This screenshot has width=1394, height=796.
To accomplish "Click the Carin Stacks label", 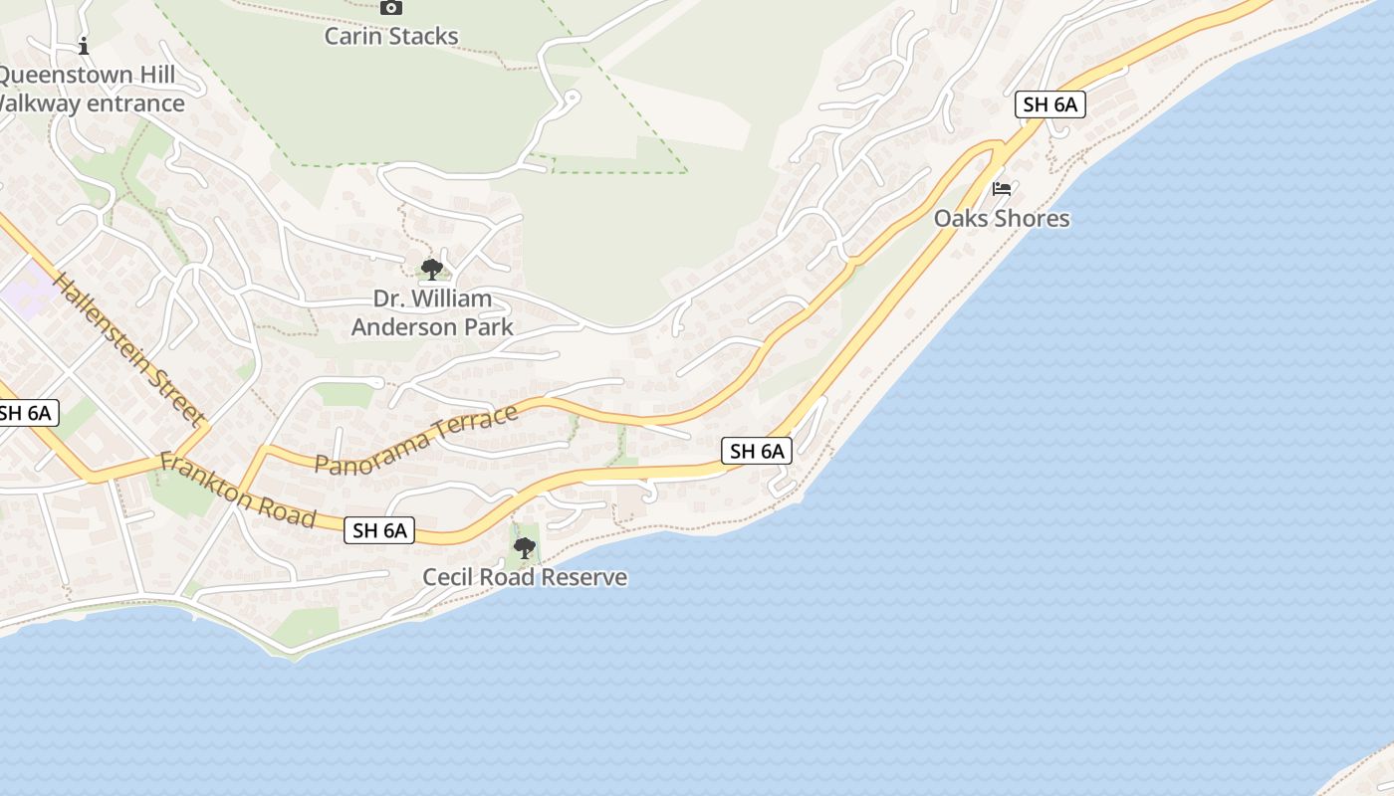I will (391, 37).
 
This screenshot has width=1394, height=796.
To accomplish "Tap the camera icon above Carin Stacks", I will (391, 8).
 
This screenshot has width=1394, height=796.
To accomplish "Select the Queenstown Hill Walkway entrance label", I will (90, 89).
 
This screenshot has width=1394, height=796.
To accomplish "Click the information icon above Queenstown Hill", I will (84, 46).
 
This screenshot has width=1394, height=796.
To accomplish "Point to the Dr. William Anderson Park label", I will (432, 312).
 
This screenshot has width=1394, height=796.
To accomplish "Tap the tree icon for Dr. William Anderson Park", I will (432, 269).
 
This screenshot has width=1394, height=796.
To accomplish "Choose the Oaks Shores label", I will (1002, 218).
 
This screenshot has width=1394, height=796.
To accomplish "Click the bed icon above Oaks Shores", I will (1002, 189).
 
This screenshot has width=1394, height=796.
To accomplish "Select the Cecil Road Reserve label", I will (525, 577).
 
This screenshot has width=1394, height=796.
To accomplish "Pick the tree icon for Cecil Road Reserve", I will (524, 548).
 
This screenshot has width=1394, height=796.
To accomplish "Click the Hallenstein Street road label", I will (128, 347).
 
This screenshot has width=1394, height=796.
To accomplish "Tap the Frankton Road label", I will (238, 491).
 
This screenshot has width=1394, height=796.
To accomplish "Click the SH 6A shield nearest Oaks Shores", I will (1050, 104).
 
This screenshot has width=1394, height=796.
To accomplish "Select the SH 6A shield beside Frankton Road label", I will (379, 530).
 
